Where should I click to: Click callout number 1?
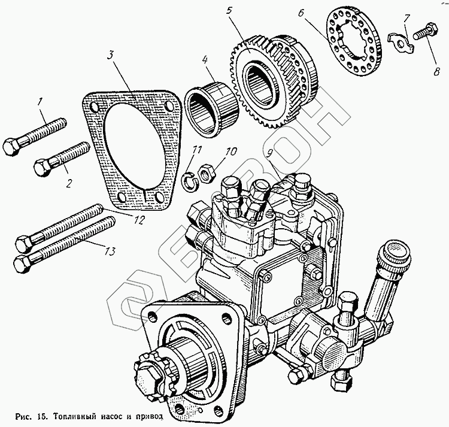pos(41,102)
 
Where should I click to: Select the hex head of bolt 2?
pos(43,167)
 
